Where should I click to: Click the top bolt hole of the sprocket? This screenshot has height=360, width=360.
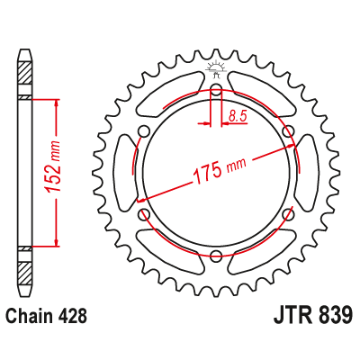[215, 90]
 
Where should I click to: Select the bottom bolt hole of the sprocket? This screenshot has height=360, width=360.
[215, 256]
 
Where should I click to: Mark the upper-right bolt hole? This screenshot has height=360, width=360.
[287, 131]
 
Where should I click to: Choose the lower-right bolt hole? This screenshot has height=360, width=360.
[287, 214]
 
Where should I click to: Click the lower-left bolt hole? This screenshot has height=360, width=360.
[143, 214]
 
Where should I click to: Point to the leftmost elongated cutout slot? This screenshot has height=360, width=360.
[128, 173]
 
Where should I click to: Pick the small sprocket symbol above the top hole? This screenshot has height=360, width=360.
[215, 68]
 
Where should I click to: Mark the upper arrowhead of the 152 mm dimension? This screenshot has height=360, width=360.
[58, 103]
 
